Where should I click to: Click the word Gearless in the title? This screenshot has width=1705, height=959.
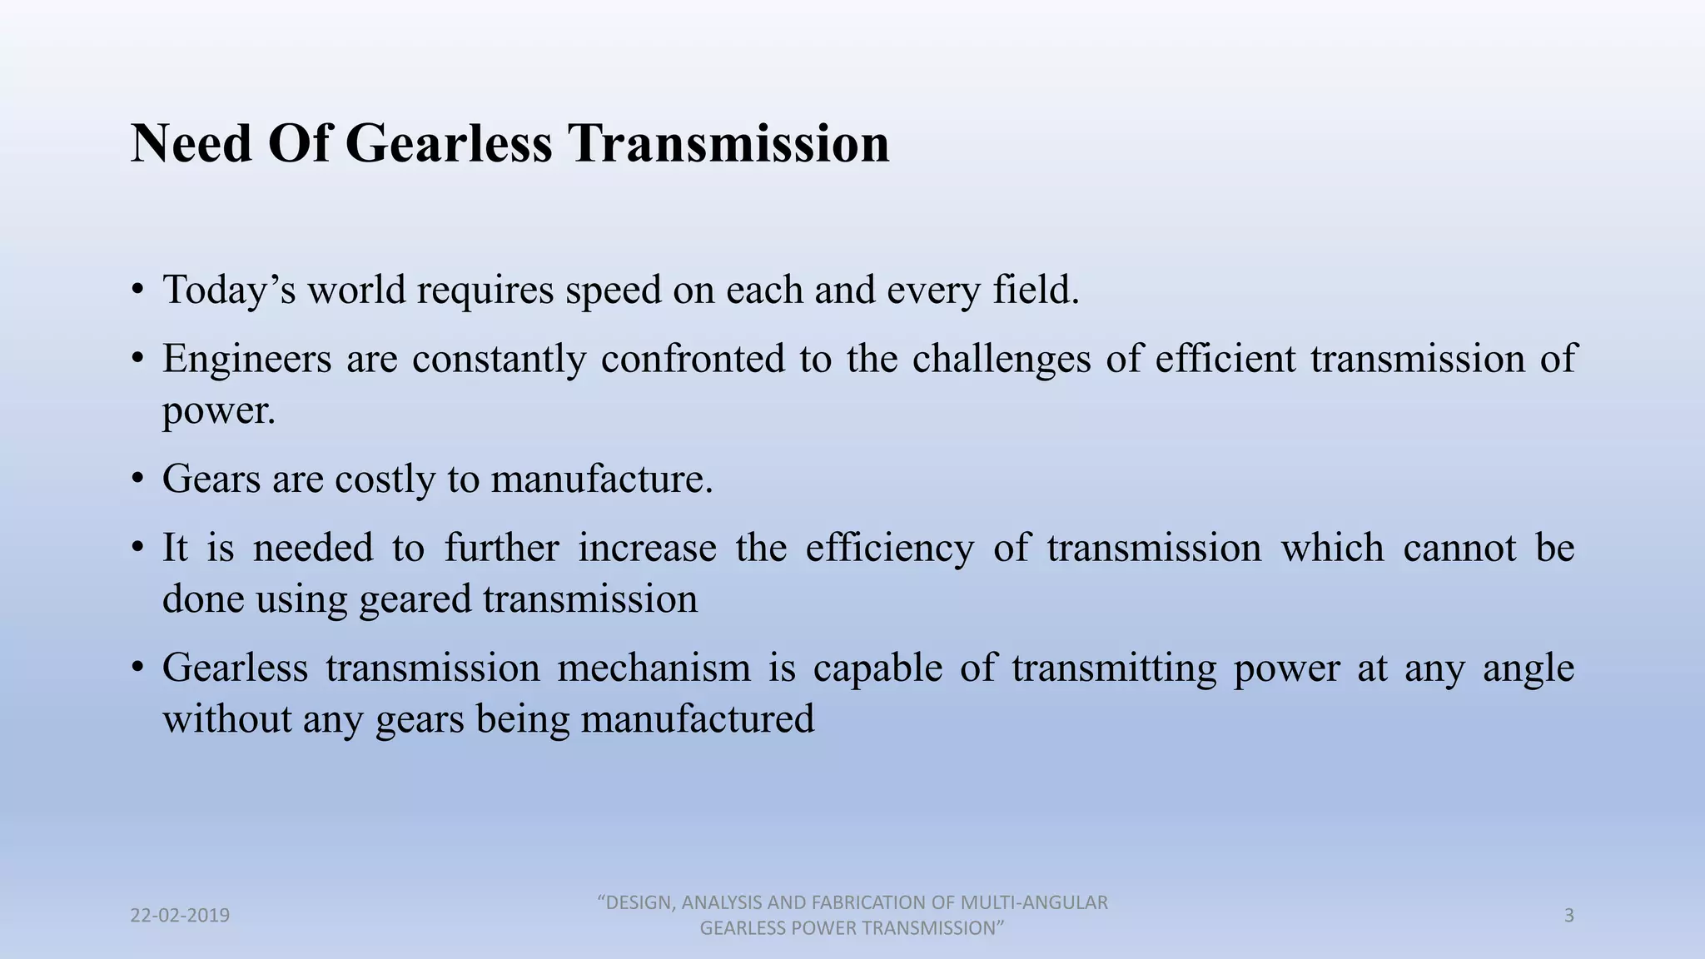448,143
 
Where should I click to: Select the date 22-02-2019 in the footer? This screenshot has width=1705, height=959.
180,916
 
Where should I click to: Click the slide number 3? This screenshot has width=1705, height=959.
1568,916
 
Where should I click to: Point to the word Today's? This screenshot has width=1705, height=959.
229,291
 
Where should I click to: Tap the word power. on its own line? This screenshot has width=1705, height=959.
218,410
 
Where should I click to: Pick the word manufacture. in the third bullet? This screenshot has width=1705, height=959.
602,479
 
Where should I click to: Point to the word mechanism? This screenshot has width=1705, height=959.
654,668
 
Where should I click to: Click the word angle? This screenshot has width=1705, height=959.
1529,669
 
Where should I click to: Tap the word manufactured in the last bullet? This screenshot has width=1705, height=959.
697,718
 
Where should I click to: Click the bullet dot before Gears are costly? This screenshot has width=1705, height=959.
137,480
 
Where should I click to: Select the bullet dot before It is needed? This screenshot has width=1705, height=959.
137,549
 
